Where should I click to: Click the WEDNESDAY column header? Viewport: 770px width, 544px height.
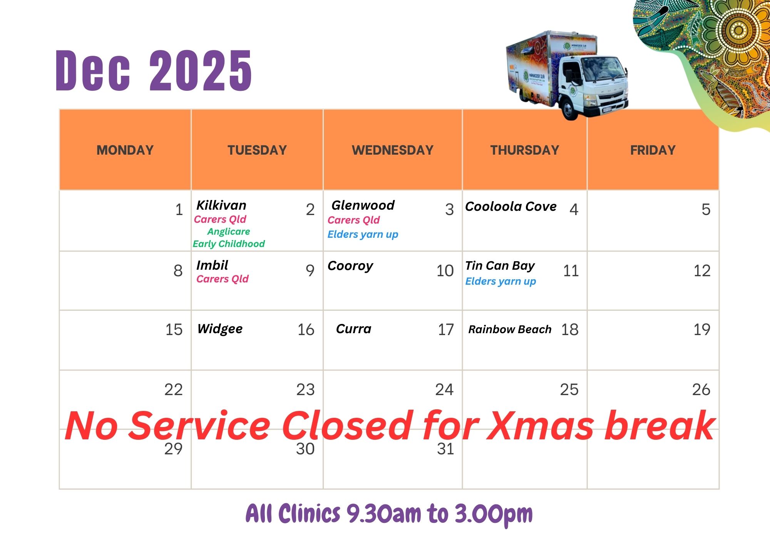tap(392, 150)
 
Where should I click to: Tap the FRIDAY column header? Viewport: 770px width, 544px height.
tap(653, 150)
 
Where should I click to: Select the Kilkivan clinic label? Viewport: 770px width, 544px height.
tap(221, 205)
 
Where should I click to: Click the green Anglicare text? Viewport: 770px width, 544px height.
tap(229, 232)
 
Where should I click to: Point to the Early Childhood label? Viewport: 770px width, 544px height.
tap(229, 244)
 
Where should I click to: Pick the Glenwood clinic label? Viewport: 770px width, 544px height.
tap(363, 205)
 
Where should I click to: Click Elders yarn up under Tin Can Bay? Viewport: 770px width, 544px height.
tap(500, 282)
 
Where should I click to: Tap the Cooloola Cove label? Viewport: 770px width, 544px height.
tap(511, 207)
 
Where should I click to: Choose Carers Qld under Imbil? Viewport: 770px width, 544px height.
tap(223, 279)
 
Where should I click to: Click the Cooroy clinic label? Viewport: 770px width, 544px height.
tap(350, 266)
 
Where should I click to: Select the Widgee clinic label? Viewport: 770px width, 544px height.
tap(220, 329)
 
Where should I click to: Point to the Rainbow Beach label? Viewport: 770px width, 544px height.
tap(510, 329)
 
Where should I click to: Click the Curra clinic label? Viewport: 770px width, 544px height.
tap(353, 329)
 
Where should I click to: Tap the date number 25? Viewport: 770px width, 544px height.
tap(569, 390)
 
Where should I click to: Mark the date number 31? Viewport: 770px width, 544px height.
tap(445, 449)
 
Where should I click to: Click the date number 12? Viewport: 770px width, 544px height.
tap(702, 271)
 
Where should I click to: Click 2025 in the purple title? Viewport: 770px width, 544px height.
tap(201, 71)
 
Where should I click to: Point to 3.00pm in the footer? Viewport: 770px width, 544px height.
tap(494, 514)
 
